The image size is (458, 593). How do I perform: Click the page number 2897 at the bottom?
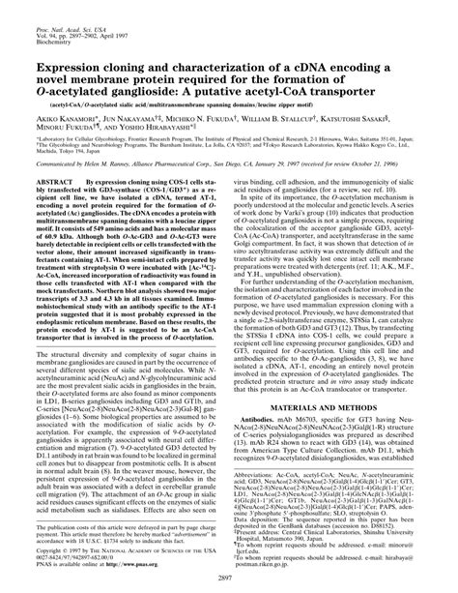[x=229, y=578]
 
